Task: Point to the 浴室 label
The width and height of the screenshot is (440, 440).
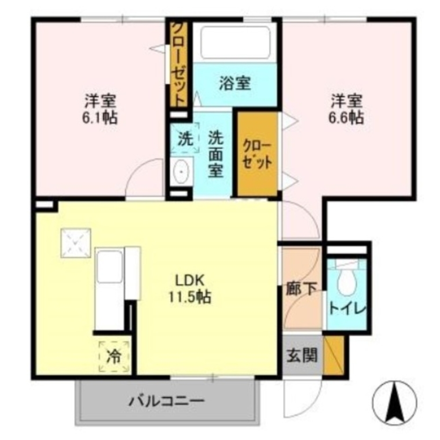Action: [x=235, y=84]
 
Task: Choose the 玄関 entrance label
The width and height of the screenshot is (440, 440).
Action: [x=302, y=356]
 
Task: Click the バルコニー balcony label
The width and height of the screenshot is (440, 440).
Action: [x=167, y=401]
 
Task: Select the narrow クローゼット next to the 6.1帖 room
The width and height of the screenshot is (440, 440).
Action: [x=179, y=63]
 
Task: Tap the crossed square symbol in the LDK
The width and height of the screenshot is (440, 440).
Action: [x=76, y=242]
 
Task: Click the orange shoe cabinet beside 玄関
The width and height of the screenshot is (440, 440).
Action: [x=334, y=356]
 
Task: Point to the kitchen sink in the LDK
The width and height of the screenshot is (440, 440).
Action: [x=109, y=266]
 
